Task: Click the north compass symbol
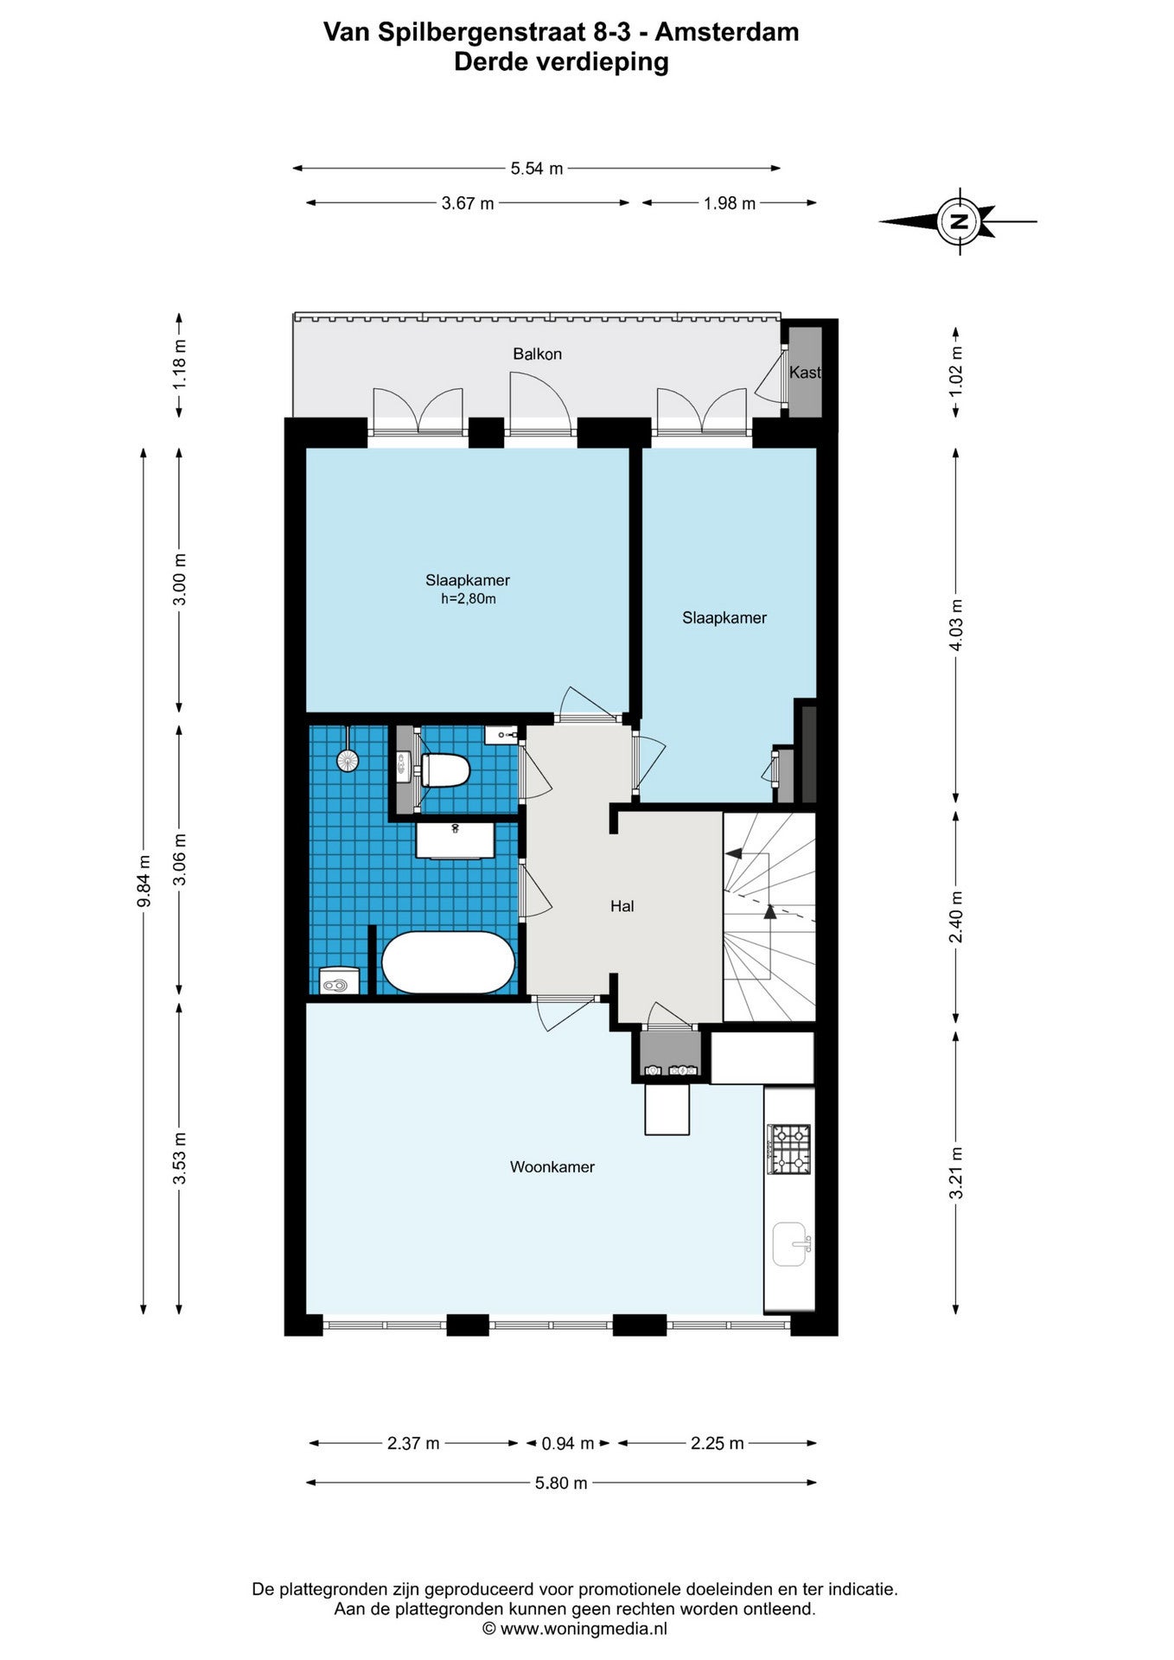[958, 220]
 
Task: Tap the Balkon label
[537, 354]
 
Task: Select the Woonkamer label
[552, 1166]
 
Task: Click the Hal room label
[622, 906]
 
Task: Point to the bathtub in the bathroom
[448, 962]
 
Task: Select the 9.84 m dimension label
[144, 880]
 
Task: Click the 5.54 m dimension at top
[536, 169]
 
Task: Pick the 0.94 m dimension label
[567, 1443]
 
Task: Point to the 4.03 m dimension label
[956, 625]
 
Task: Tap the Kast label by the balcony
[805, 373]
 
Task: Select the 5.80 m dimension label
[561, 1483]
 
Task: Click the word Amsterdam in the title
[726, 32]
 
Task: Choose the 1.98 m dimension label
[729, 203]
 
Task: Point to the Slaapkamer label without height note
[724, 617]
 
